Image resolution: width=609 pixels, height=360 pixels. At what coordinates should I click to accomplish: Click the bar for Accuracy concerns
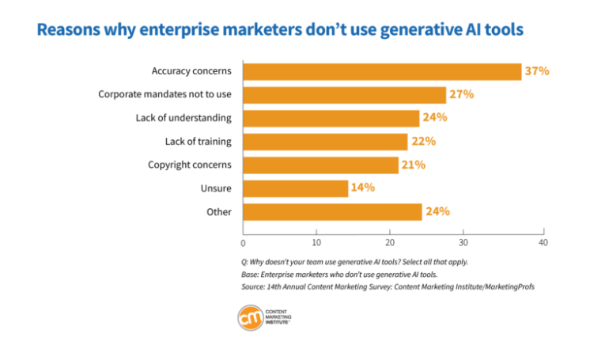[x=382, y=72]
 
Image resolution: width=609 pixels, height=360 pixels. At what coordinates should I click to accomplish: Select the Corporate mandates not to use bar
[x=344, y=95]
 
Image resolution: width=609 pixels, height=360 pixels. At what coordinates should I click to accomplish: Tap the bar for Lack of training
[x=325, y=142]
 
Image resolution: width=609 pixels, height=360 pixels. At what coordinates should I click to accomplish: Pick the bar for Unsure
[x=295, y=188]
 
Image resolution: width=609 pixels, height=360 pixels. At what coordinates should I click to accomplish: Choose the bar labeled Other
[x=332, y=212]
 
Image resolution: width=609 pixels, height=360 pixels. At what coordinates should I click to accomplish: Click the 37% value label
[x=537, y=71]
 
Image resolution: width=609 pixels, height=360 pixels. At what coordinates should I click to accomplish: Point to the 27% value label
[x=462, y=95]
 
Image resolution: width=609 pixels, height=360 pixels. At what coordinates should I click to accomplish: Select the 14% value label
[x=362, y=188]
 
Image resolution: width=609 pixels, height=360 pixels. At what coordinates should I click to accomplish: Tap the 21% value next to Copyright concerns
[x=414, y=165]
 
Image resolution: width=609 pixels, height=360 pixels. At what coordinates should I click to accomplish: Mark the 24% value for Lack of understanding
[x=435, y=118]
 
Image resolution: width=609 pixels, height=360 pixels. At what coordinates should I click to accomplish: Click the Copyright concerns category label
[x=190, y=165]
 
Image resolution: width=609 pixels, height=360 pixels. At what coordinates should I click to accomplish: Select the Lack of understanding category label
[x=183, y=118]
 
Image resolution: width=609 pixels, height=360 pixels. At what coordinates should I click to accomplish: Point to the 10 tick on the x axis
[x=316, y=242]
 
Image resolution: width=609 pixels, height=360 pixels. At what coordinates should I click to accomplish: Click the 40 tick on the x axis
[x=543, y=242]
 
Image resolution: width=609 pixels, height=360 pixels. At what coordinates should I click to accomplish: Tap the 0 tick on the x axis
[x=243, y=242]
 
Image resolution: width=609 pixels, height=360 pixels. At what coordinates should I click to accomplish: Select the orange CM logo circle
[x=252, y=317]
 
